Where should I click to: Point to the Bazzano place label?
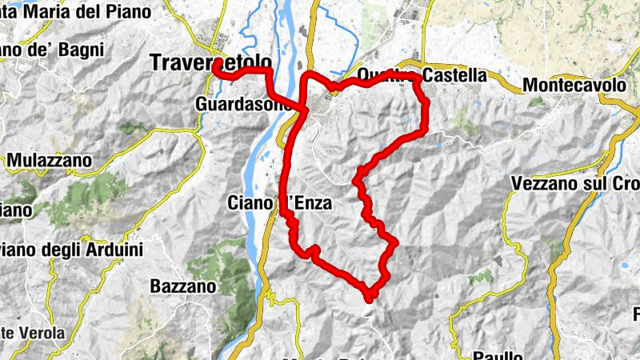(x=182, y=286)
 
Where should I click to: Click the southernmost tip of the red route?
(x=370, y=300)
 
